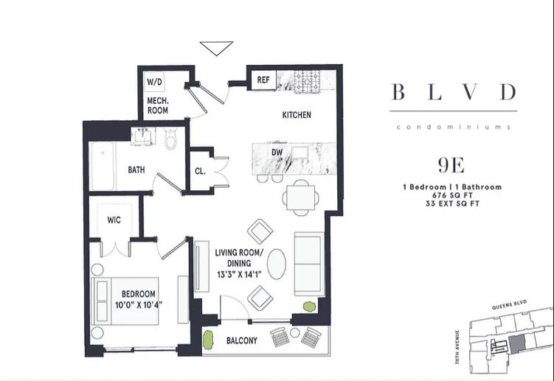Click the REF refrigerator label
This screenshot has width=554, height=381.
(263, 80)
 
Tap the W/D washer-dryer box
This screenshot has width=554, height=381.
(154, 82)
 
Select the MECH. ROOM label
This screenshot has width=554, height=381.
(158, 105)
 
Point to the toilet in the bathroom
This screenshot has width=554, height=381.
(171, 138)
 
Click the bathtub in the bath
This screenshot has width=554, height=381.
(102, 166)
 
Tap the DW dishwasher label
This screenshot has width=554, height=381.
(277, 153)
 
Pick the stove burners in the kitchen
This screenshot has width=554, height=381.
(307, 82)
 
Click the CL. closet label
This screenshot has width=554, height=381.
(200, 171)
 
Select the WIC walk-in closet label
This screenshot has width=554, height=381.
(114, 220)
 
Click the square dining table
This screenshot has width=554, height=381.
(301, 198)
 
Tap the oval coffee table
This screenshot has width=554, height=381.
(277, 264)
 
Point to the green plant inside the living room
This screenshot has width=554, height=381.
(309, 307)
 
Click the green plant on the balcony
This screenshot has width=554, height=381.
(209, 340)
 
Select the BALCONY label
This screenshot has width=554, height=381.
(242, 340)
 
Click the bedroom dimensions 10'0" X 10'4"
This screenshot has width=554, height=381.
(139, 304)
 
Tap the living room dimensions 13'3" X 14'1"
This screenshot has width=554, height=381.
(239, 274)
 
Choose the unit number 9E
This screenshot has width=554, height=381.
(451, 165)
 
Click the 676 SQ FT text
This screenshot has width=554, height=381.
(452, 195)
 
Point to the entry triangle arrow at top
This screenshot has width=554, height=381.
(216, 48)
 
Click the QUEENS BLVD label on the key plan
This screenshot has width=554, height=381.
(509, 305)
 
